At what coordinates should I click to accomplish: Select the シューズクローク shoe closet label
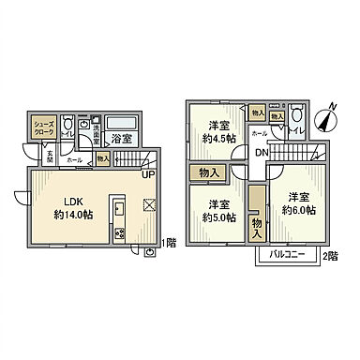(44, 128)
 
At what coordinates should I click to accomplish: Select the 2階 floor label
(329, 254)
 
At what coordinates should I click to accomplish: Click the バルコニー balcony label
(286, 254)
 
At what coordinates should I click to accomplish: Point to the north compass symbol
(325, 120)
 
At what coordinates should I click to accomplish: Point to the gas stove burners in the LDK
(119, 233)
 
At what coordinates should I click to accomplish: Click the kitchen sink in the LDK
(119, 207)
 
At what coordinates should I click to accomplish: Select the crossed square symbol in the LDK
(148, 205)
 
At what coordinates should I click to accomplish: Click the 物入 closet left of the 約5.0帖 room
(209, 172)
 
